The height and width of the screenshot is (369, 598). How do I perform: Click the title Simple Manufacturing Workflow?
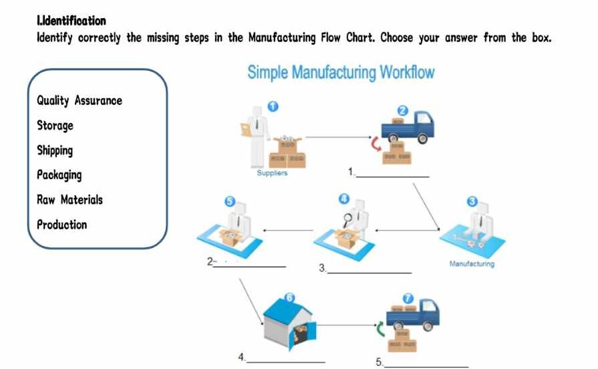click(x=341, y=72)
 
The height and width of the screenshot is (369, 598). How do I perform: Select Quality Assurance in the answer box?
click(x=80, y=101)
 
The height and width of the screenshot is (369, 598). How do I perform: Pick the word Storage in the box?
click(x=55, y=126)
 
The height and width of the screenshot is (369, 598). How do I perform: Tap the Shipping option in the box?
click(x=55, y=150)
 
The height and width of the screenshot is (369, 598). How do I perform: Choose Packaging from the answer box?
click(x=59, y=175)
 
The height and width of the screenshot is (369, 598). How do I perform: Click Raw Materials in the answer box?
click(x=70, y=200)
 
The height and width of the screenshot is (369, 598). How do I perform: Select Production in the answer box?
click(x=62, y=225)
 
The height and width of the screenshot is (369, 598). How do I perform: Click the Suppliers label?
click(x=272, y=173)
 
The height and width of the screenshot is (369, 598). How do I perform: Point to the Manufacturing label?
click(x=472, y=264)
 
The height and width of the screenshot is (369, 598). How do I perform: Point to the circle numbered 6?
click(x=289, y=297)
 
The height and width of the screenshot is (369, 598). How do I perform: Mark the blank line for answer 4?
click(x=286, y=361)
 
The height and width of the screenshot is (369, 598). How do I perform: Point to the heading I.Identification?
click(x=71, y=21)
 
